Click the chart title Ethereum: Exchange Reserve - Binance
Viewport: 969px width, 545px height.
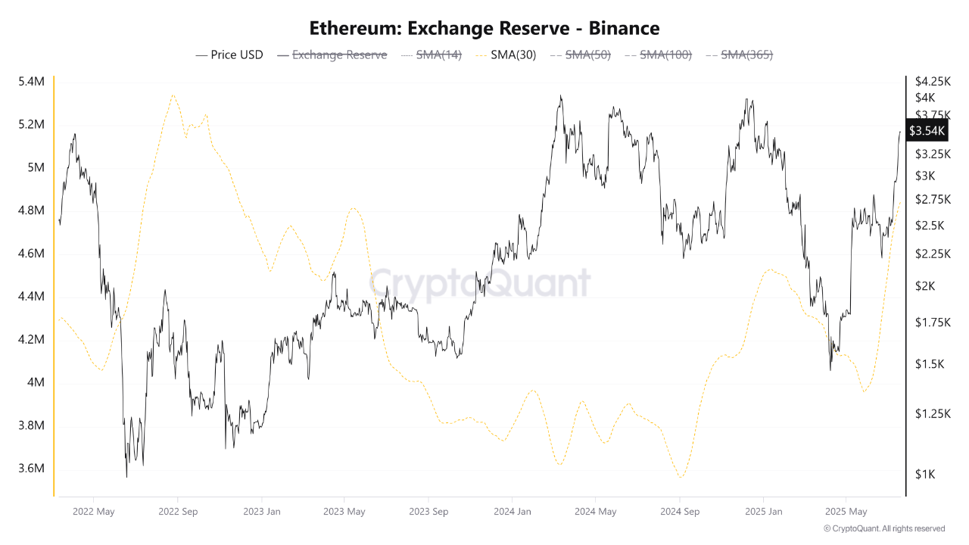click(484, 28)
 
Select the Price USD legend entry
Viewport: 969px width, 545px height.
click(229, 54)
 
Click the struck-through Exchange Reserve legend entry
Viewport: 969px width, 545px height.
click(332, 54)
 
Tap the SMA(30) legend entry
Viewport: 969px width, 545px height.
click(505, 54)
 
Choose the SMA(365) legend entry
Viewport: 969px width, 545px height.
click(739, 54)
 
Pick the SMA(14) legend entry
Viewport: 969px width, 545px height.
click(431, 54)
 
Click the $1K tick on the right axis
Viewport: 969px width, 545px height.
click(925, 475)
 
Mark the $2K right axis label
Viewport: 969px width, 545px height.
click(925, 286)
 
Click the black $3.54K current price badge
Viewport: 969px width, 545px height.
click(927, 131)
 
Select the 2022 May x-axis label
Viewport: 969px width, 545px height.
click(94, 512)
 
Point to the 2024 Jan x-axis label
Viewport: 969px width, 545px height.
click(512, 512)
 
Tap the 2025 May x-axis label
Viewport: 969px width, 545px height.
click(846, 512)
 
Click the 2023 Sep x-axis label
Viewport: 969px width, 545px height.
click(428, 512)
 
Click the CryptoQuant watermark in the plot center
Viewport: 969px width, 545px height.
click(480, 284)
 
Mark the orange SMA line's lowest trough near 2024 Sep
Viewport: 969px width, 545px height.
click(681, 478)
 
